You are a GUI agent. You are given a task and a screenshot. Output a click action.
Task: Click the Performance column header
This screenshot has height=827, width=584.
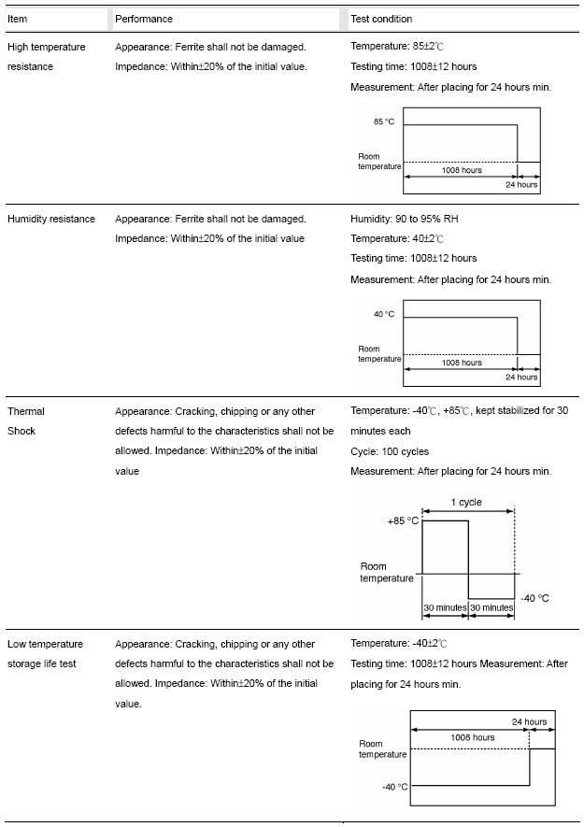coord(144,19)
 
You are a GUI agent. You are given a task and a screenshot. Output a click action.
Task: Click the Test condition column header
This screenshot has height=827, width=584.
coord(381,19)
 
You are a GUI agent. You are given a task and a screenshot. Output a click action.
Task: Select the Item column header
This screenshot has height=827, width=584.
coord(18,19)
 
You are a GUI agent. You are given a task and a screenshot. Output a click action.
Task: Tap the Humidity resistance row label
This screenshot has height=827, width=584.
coord(51,219)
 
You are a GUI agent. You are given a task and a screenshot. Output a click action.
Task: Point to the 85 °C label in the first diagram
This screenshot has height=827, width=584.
coord(384,122)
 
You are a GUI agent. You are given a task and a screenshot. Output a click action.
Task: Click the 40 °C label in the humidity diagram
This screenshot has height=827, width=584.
coord(384,315)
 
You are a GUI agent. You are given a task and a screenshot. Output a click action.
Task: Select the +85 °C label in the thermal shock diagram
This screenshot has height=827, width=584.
coord(403,521)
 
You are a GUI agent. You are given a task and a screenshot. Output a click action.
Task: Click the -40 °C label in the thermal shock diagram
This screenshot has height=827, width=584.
coord(534,598)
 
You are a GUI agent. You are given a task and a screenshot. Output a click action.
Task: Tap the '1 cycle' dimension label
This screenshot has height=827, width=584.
coord(466,503)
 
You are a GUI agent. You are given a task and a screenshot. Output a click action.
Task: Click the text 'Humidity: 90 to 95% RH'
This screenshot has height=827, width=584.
coord(405,219)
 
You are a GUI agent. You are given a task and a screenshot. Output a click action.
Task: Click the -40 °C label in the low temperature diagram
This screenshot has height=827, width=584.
coord(394,787)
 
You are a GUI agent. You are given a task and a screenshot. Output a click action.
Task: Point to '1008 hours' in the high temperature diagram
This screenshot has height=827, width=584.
coord(462,171)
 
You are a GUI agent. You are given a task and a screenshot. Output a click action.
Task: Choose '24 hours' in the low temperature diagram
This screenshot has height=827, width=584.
coord(529,722)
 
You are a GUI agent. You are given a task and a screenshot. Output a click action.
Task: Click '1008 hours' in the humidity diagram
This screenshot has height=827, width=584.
coord(462,364)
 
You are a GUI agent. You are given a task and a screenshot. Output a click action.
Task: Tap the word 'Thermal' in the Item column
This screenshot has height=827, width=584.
coord(26,411)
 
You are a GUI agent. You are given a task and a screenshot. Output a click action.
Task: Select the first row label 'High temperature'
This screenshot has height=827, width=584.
coord(47,47)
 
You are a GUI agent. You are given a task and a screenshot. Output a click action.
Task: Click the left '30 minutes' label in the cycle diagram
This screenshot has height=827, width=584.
coord(445,608)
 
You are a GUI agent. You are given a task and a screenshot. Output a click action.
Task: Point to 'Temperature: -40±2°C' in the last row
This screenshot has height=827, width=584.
coord(399,644)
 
